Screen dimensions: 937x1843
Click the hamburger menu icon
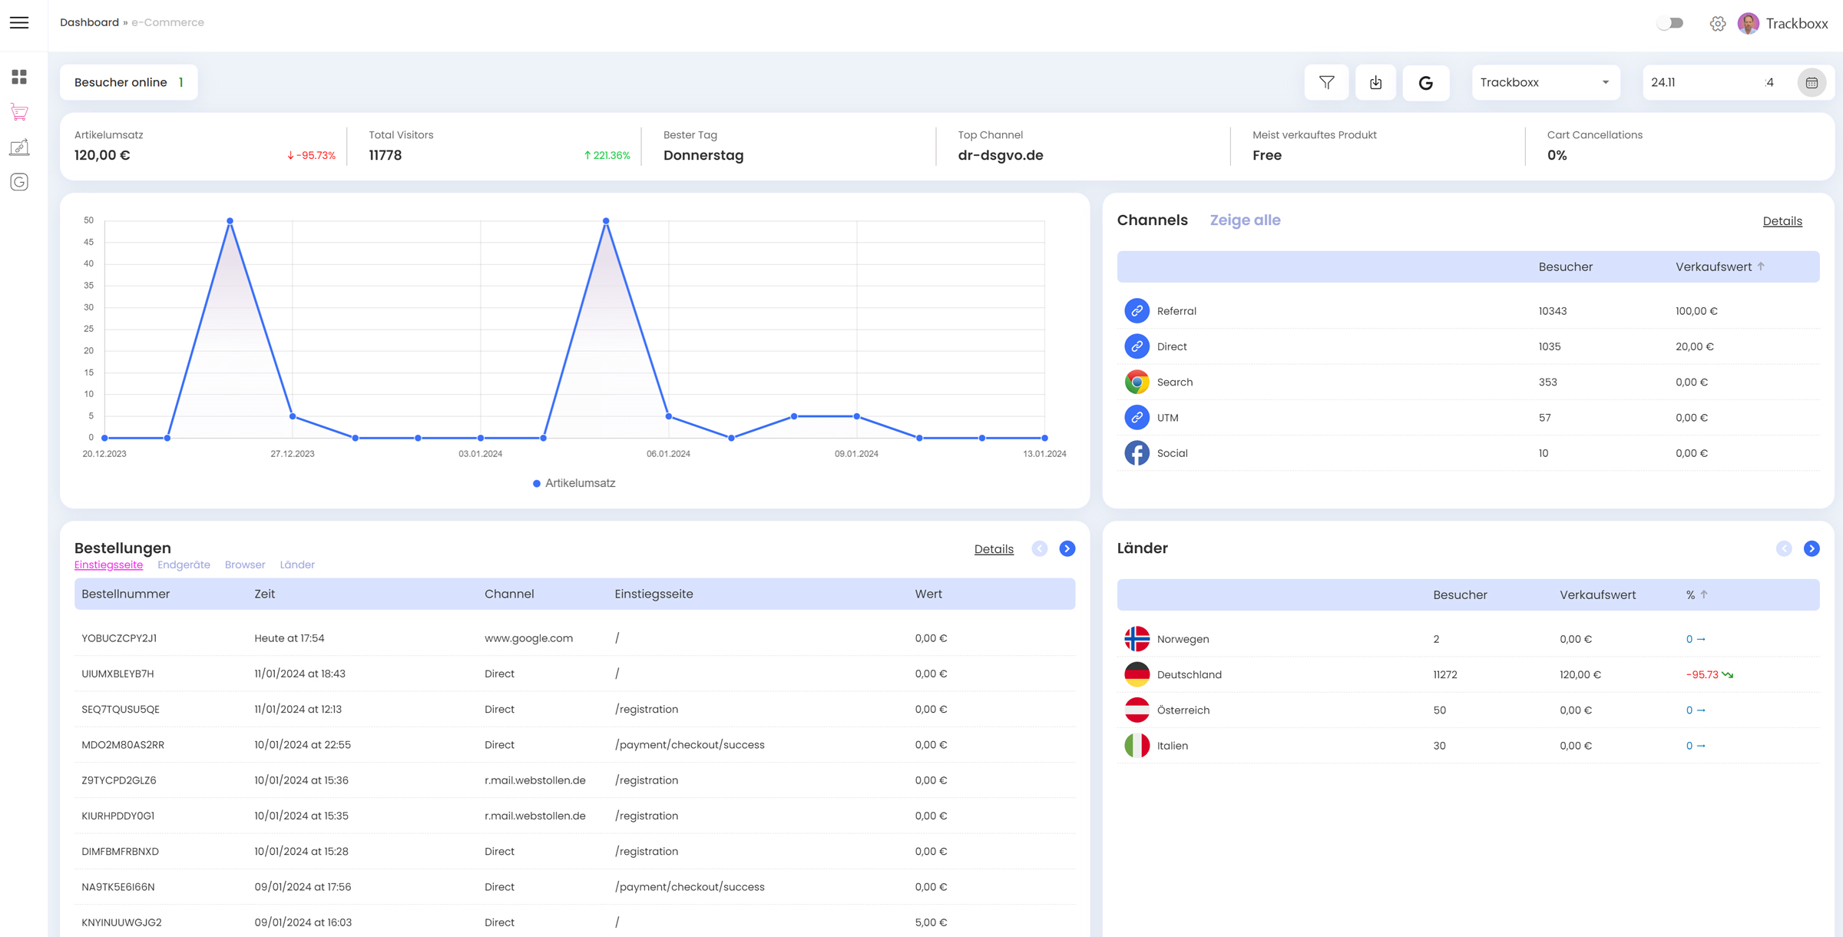click(19, 23)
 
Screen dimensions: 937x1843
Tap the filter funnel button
click(1326, 82)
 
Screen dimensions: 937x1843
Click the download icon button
click(1375, 82)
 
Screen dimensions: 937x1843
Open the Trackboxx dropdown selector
click(1545, 82)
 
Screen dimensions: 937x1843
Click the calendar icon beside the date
click(1812, 82)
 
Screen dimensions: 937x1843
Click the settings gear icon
click(1718, 24)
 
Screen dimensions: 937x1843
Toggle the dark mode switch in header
click(1670, 23)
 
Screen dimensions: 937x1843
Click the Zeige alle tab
click(1245, 220)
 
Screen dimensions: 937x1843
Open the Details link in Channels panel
click(1782, 221)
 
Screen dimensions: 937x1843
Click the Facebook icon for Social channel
click(1137, 453)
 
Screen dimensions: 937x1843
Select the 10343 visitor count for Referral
click(1552, 311)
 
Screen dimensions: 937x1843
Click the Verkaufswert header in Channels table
click(1713, 267)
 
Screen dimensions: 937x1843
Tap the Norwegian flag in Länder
click(1137, 639)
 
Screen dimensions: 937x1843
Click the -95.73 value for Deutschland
click(1702, 674)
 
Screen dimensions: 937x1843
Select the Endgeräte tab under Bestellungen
click(184, 565)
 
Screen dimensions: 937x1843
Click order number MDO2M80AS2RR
click(123, 745)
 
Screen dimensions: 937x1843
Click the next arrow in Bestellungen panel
click(1067, 548)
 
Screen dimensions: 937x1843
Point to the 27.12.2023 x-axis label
click(292, 454)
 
